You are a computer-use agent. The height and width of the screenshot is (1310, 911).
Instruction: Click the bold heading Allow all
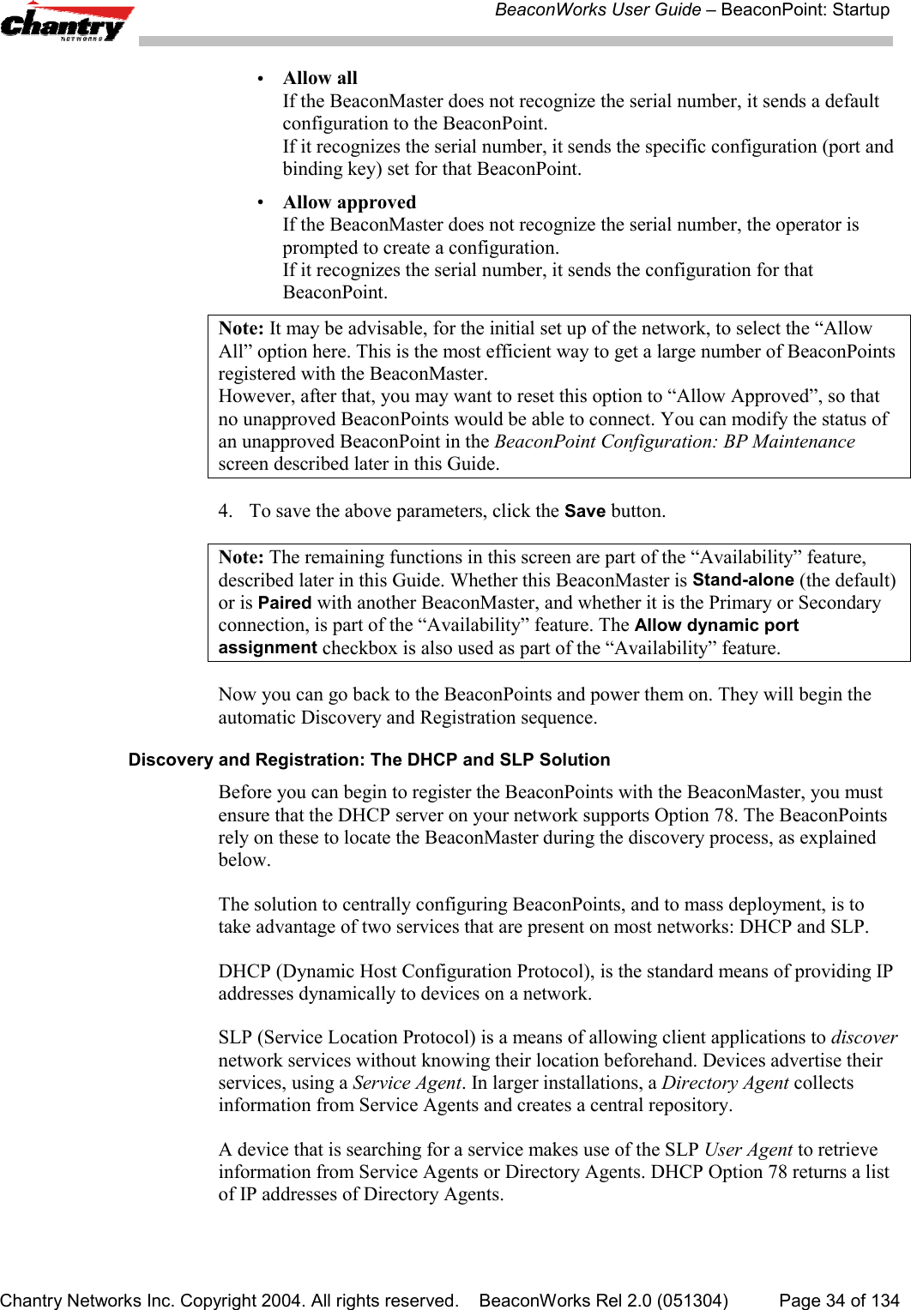coord(320,78)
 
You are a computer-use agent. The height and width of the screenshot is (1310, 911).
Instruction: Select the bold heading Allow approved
coord(349,202)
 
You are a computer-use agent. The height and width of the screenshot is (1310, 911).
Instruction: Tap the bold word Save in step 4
coord(585,512)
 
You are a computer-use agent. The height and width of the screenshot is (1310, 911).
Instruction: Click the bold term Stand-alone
coord(743,580)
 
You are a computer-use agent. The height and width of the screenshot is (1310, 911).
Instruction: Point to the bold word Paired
coord(284,603)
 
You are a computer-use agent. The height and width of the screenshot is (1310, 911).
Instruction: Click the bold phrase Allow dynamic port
coord(716,625)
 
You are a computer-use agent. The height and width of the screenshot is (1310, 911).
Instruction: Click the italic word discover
coord(864,1037)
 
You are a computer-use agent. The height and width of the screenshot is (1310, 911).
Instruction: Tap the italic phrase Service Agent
coord(407,1083)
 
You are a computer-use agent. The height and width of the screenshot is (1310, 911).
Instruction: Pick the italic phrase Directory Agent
coord(725,1083)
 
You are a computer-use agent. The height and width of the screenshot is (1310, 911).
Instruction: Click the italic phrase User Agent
coord(748,1150)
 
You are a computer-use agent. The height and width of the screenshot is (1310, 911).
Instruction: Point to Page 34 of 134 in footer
coord(838,1301)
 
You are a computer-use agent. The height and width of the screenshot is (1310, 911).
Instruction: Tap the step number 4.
coord(224,512)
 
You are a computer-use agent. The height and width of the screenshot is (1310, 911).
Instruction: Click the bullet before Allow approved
coord(260,202)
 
